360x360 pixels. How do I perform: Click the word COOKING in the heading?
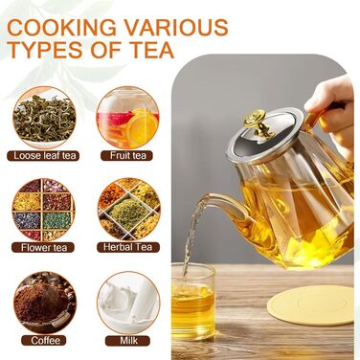[61, 27]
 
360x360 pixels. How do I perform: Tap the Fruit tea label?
[126, 155]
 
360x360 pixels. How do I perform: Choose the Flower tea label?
[43, 247]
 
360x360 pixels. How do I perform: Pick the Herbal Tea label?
[128, 247]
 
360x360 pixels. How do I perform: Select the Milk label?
[127, 341]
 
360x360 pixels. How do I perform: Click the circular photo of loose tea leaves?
[44, 118]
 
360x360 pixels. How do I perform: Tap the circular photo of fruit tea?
[127, 117]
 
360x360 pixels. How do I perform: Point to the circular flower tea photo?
[43, 210]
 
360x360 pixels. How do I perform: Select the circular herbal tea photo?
[128, 209]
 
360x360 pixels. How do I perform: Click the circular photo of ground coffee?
[44, 303]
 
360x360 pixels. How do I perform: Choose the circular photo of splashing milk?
[128, 303]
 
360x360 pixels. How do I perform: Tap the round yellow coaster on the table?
[310, 305]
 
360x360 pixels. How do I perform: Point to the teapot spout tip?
[205, 197]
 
